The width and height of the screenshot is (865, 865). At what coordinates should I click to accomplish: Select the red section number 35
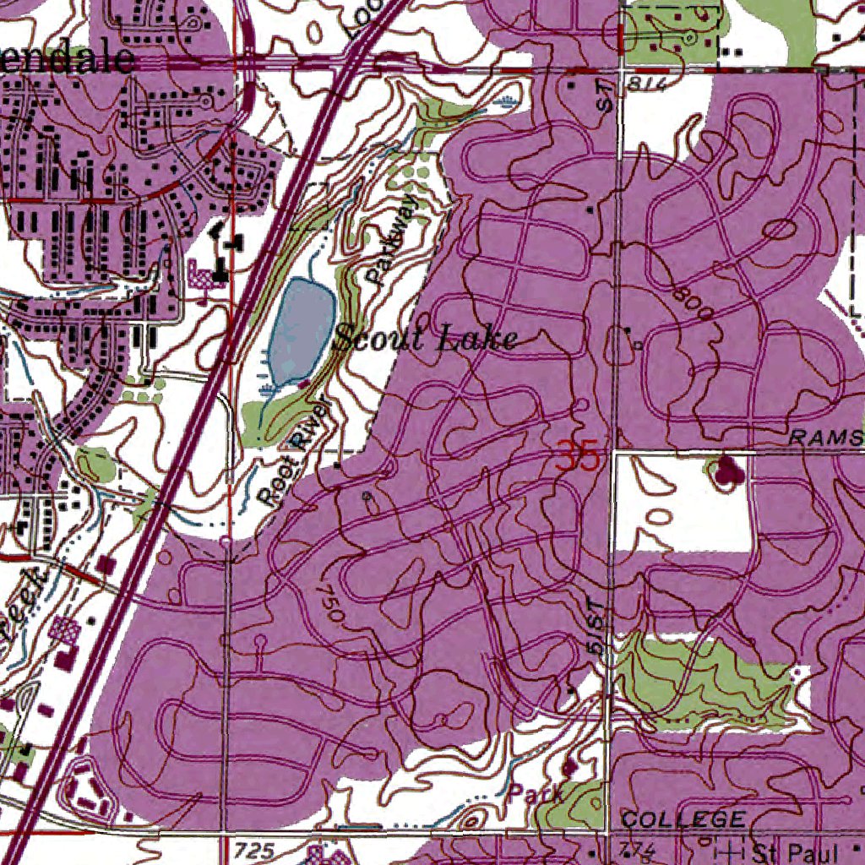click(x=578, y=459)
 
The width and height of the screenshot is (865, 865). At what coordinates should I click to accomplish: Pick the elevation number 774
click(x=637, y=847)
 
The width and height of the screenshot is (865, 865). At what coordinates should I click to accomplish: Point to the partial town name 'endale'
click(x=68, y=59)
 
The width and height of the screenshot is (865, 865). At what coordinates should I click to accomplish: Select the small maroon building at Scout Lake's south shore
click(x=303, y=384)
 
